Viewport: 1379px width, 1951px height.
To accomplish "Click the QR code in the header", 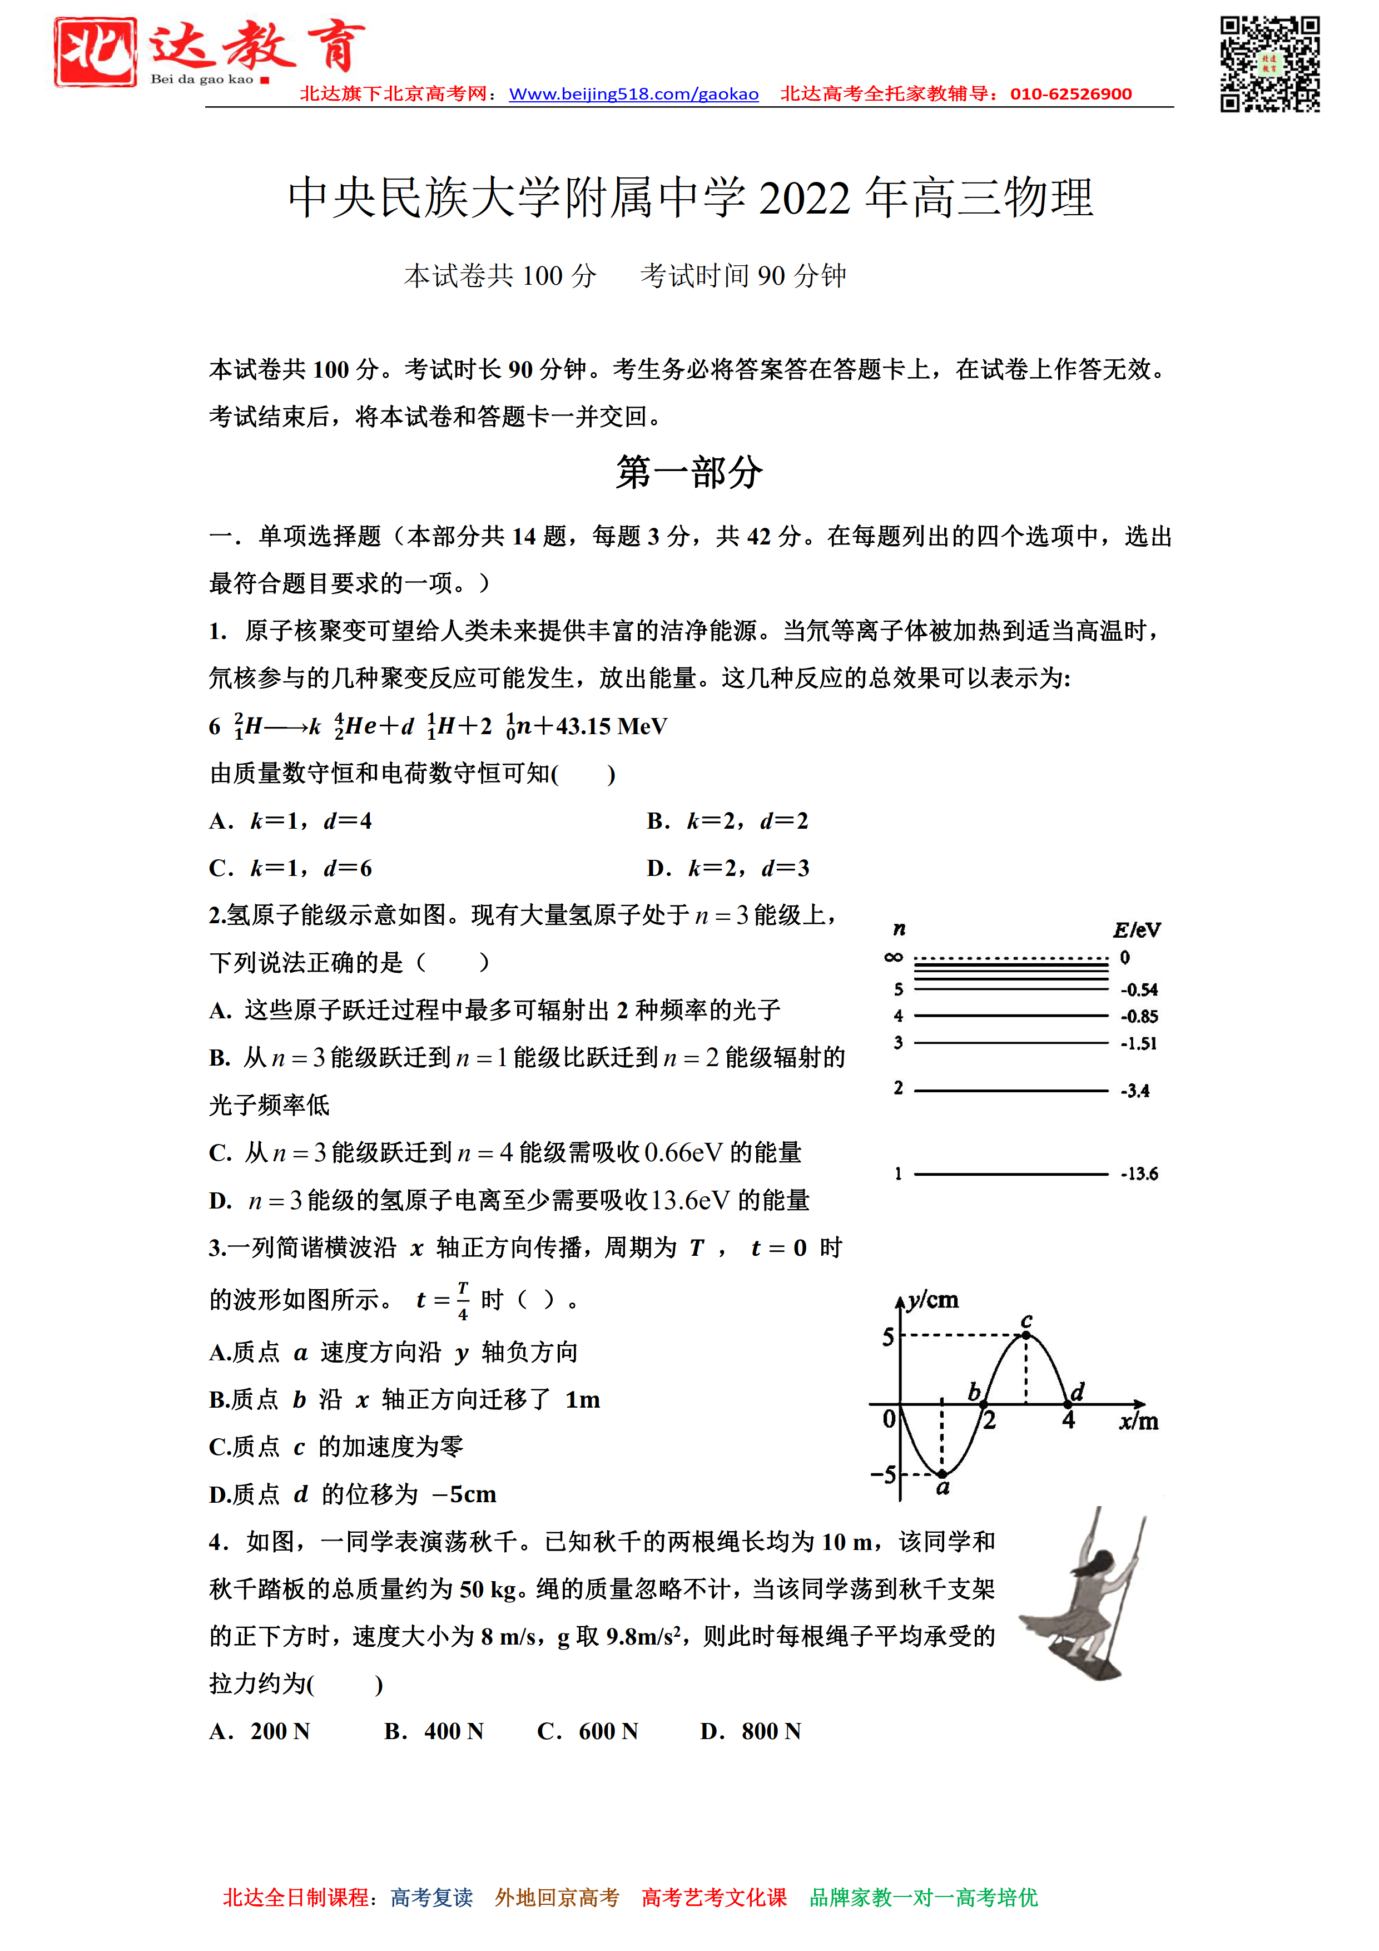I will pos(1269,64).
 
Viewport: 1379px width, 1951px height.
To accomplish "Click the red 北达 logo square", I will pos(95,53).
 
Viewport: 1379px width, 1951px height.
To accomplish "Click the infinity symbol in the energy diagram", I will pos(893,958).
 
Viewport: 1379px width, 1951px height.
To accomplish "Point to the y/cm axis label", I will pos(932,1301).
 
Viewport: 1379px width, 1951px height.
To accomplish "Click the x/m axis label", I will pos(1139,1422).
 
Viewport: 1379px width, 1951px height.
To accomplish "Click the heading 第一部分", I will pos(689,472).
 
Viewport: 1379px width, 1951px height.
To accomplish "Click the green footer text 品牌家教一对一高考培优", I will pos(924,1898).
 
